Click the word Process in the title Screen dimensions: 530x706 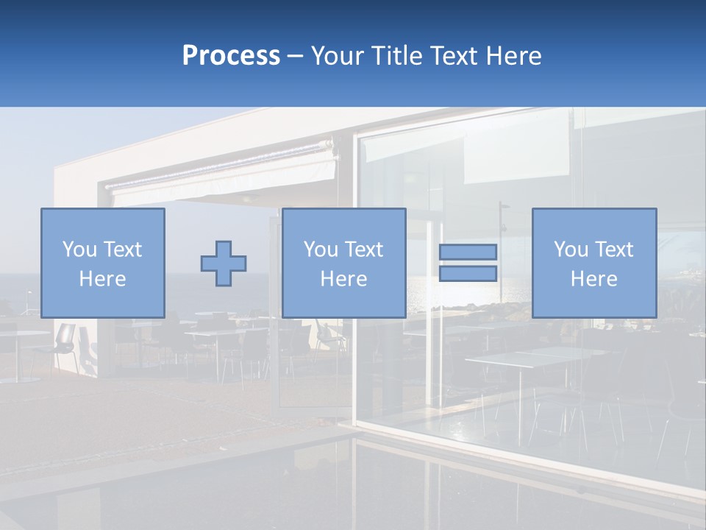coord(231,56)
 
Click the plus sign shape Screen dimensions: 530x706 coord(224,264)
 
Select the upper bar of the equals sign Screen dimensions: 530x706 coord(468,252)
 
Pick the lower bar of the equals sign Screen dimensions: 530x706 coord(468,274)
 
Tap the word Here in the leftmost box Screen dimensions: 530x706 coord(102,279)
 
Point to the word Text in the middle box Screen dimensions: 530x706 coord(364,250)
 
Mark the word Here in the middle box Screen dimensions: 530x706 coord(343,279)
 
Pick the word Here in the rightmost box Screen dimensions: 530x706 coord(593,279)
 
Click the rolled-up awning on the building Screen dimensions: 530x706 coord(221,174)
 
